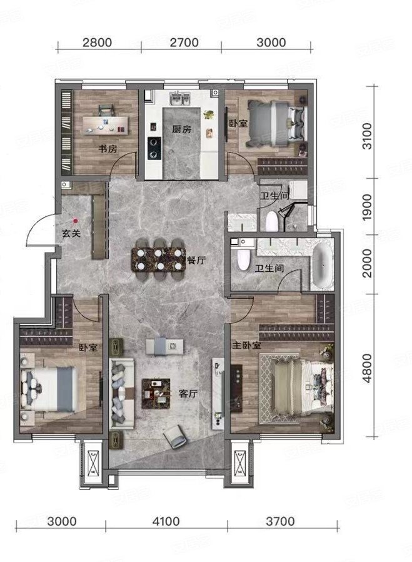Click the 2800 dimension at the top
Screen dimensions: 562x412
point(96,43)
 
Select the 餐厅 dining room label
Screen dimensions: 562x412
point(196,260)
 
